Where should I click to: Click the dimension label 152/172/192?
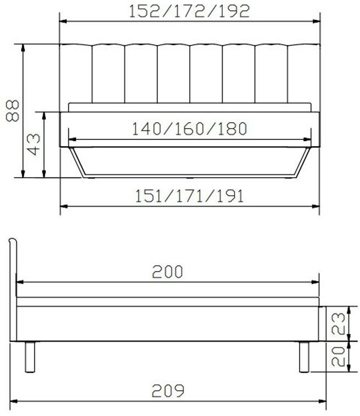(189, 11)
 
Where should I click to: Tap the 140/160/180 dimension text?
(189, 129)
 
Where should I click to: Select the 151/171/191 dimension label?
(189, 197)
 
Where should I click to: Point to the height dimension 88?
(13, 111)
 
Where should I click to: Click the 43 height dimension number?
(34, 145)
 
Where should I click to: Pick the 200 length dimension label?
(167, 271)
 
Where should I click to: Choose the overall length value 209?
(168, 390)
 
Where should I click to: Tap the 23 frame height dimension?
(339, 323)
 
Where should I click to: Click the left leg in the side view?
(30, 357)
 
